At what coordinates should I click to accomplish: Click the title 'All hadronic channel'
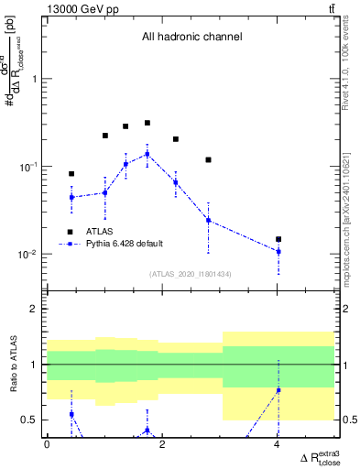click(191, 38)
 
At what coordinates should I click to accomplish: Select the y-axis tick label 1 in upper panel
click(36, 79)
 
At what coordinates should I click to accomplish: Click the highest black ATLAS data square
click(147, 123)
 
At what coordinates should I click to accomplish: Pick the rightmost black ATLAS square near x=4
click(278, 239)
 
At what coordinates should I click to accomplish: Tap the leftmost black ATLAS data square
click(71, 173)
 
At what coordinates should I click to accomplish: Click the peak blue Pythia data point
click(147, 154)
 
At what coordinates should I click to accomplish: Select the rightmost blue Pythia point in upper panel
click(278, 251)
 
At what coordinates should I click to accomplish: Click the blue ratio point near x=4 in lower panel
click(278, 390)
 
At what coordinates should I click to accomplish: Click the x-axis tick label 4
click(278, 444)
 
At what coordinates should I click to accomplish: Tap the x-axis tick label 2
click(162, 444)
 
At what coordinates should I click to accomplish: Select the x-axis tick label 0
click(47, 444)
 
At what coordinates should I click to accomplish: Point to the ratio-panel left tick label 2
click(36, 309)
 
